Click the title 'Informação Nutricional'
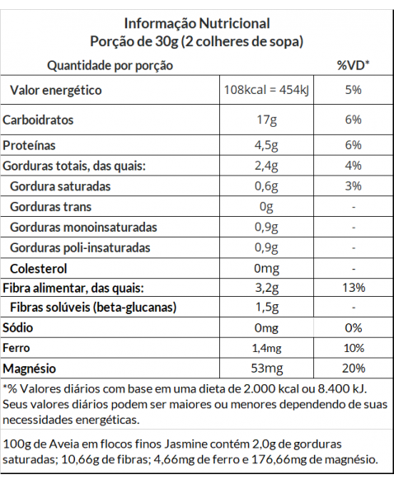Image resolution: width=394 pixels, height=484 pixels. tap(197, 23)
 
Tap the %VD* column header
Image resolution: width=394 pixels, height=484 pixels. tap(353, 65)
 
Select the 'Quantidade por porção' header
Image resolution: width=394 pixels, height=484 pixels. tap(110, 66)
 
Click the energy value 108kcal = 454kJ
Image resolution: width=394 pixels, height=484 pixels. tap(266, 90)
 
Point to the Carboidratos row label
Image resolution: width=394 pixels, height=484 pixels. tap(38, 120)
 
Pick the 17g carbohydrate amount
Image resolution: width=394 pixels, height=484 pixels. tap(266, 120)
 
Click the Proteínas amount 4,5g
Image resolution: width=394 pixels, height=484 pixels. tap(266, 145)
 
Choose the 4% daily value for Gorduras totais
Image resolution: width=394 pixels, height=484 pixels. tap(354, 166)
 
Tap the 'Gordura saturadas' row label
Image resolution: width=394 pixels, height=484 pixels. tap(60, 186)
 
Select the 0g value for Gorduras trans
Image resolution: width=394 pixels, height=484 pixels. tap(266, 207)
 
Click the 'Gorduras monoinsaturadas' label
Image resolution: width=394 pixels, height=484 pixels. tap(83, 228)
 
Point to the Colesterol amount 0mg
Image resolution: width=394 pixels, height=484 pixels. tap(266, 269)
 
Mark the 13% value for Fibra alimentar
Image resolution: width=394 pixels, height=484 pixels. tap(354, 288)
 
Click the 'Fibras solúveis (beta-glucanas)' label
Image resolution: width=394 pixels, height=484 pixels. tap(93, 308)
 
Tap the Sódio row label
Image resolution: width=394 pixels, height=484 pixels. tap(17, 327)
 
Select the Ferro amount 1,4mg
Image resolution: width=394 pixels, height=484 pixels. tap(266, 348)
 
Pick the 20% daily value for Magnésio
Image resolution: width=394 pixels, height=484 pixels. tap(354, 369)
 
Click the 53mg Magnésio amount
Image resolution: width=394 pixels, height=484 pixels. tap(266, 369)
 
